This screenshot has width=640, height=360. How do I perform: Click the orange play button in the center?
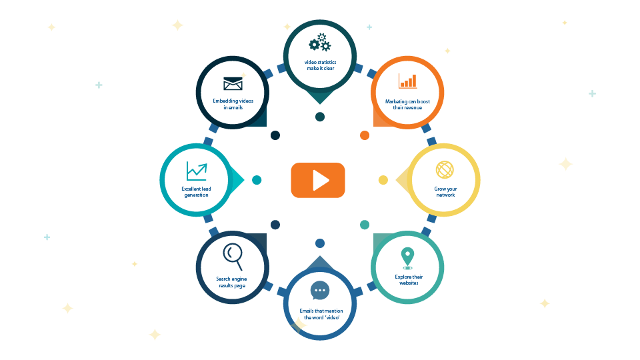tap(318, 180)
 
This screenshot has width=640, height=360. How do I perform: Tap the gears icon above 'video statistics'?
tap(319, 43)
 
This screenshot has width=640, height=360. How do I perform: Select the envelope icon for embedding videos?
tap(233, 84)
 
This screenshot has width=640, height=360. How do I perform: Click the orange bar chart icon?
tap(407, 81)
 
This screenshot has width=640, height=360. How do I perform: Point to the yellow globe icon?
tap(445, 169)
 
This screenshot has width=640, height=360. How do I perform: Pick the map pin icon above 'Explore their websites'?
tap(407, 257)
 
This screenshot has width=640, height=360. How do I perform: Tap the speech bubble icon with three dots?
tap(320, 291)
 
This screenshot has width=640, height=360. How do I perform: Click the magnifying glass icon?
tap(233, 255)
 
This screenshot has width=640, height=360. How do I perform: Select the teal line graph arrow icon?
tap(197, 171)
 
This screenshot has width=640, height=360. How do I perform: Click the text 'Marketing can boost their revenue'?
tap(407, 104)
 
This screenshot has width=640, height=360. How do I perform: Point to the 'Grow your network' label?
tap(445, 192)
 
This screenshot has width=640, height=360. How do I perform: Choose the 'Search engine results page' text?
tap(232, 282)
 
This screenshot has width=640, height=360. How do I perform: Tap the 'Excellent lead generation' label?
tap(197, 192)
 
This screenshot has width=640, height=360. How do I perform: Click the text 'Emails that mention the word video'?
tap(320, 314)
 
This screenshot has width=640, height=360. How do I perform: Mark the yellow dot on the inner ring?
tap(383, 180)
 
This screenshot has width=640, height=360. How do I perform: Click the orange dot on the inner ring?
tap(365, 135)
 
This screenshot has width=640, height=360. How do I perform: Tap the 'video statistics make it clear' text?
tap(319, 65)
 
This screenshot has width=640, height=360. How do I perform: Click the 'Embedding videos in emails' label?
tap(233, 104)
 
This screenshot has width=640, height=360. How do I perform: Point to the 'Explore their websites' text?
tap(408, 280)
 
